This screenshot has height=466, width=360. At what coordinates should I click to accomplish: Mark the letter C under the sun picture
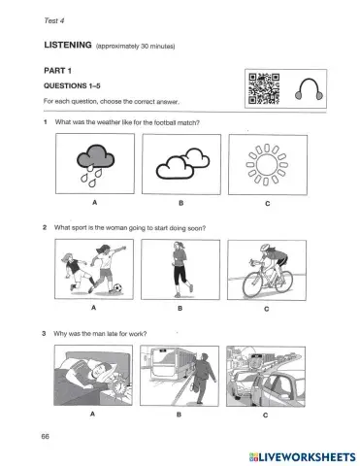266,204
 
